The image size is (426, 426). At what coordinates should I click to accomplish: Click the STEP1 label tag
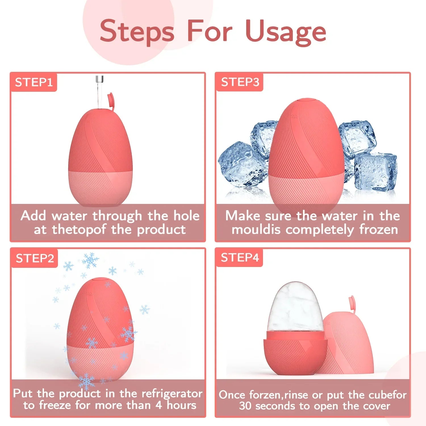pyautogui.click(x=34, y=82)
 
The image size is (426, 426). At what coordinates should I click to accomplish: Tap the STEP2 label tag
pyautogui.click(x=34, y=258)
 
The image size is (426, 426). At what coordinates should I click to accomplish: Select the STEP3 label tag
pyautogui.click(x=240, y=82)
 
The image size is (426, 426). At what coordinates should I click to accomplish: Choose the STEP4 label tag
pyautogui.click(x=240, y=258)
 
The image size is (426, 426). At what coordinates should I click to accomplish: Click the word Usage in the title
pyautogui.click(x=286, y=32)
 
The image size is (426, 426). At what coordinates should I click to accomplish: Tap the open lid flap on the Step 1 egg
pyautogui.click(x=111, y=102)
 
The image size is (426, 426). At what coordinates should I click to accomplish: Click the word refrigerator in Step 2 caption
pyautogui.click(x=172, y=394)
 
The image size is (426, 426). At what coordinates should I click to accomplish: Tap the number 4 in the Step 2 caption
pyautogui.click(x=159, y=405)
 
